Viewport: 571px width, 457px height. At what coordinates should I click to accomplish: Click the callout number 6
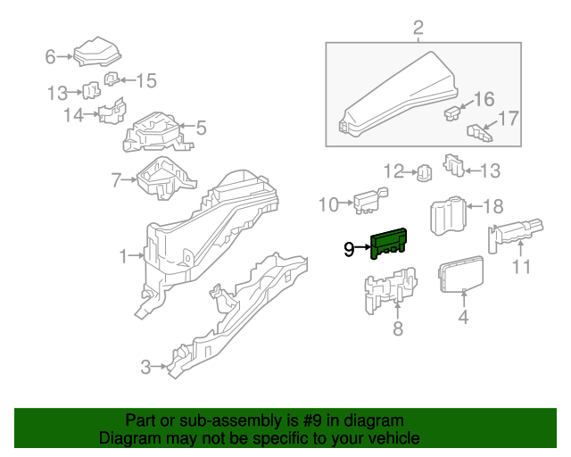click(x=51, y=57)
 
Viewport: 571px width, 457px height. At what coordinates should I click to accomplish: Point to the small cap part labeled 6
click(x=95, y=53)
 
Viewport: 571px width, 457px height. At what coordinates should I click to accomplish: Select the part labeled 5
click(x=157, y=131)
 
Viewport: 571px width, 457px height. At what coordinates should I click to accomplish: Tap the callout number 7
click(x=116, y=180)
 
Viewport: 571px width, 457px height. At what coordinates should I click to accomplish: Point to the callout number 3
click(x=145, y=365)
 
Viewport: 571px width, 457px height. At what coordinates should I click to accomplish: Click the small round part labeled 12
click(x=425, y=170)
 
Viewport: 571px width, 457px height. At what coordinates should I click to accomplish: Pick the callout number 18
click(x=492, y=207)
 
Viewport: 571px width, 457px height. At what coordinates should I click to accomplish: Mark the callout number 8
click(x=398, y=329)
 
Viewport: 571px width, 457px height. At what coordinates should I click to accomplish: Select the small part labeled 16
click(x=453, y=112)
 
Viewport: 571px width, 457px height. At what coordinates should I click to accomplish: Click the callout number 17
click(x=508, y=118)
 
